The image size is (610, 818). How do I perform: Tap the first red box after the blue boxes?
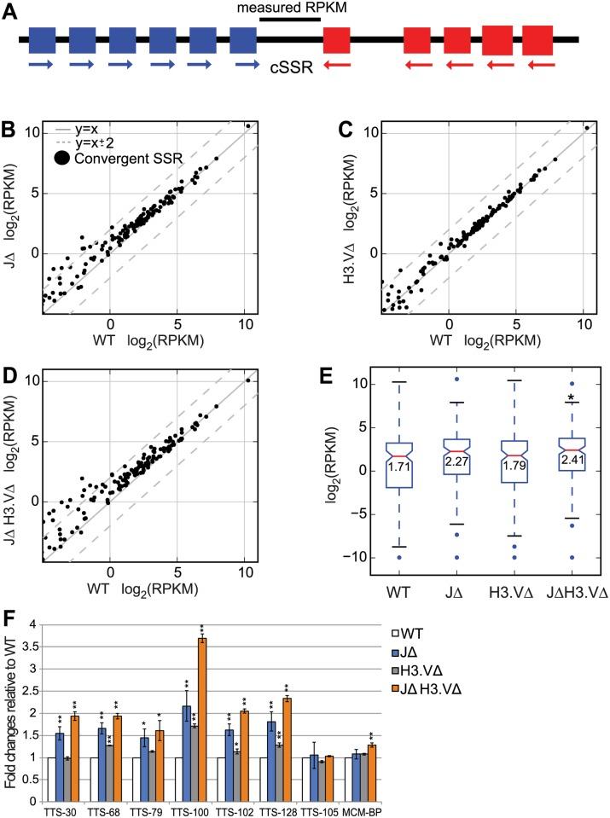click(x=337, y=40)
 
